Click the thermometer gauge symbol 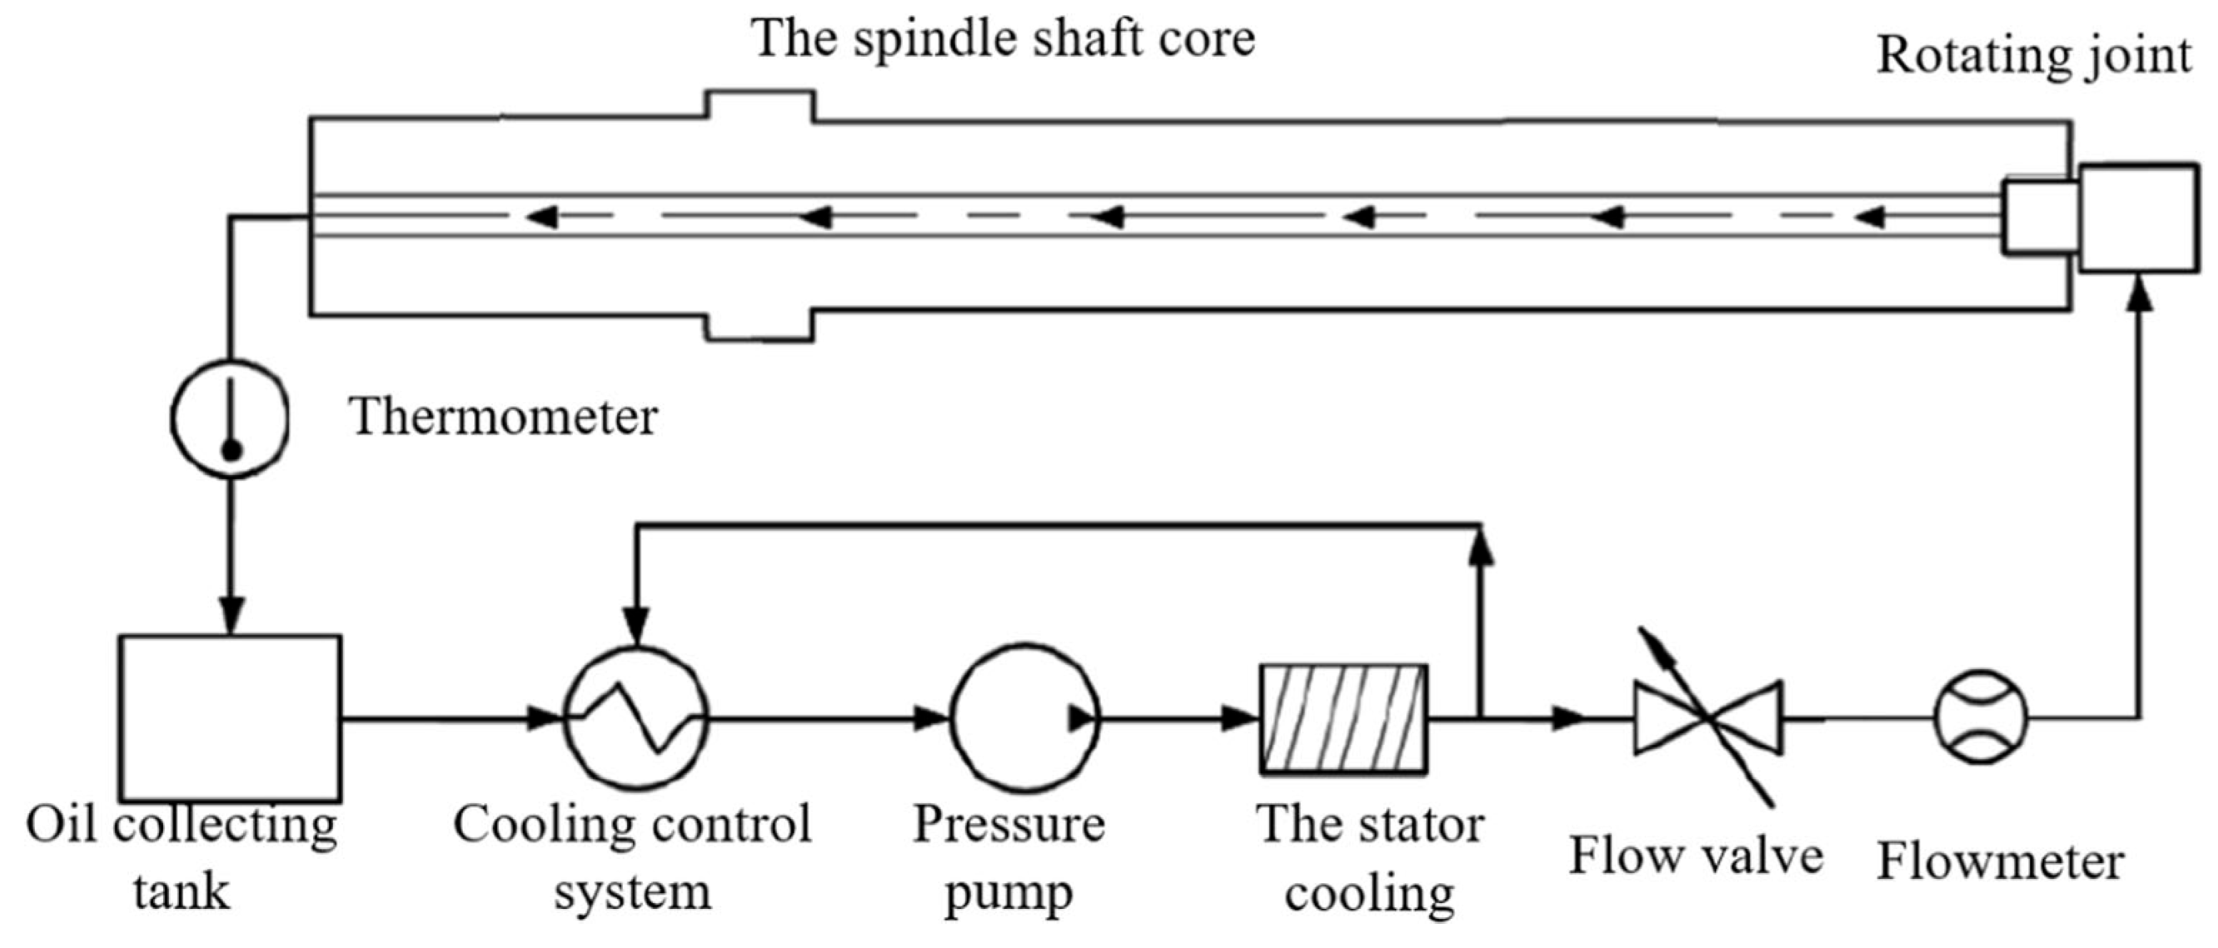pos(230,417)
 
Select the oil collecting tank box pos(230,717)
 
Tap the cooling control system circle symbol pos(635,717)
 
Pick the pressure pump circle pos(1024,717)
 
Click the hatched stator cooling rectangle pos(1343,717)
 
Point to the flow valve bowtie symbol pos(1709,717)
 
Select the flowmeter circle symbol pos(1981,716)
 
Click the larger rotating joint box pos(2138,219)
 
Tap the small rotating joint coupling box pos(2041,216)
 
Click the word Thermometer pos(503,417)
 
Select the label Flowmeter pos(2000,862)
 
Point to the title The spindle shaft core pos(1003,39)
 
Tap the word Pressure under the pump pos(1009,824)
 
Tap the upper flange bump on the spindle pos(760,105)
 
